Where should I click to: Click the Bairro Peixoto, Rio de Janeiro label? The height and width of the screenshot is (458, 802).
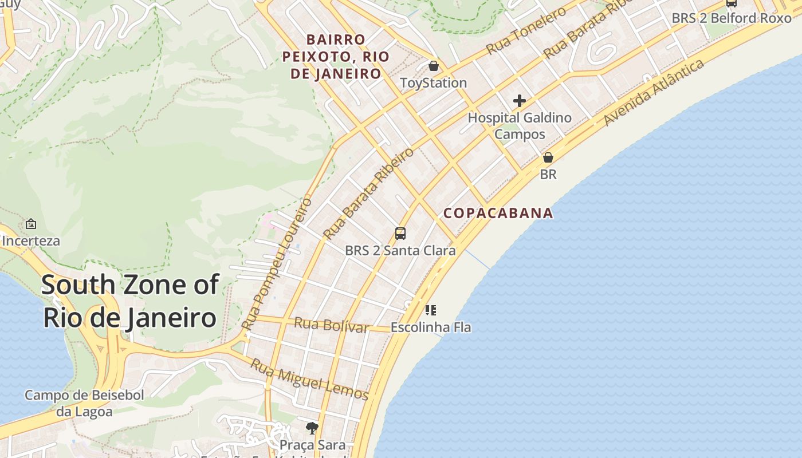pos(336,57)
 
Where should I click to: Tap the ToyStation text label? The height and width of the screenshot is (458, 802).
pos(433,83)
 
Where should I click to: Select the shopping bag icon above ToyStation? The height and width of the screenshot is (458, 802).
pos(434,66)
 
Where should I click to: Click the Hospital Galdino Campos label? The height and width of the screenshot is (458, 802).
pos(520,126)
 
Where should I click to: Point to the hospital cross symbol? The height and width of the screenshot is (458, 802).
pos(520,101)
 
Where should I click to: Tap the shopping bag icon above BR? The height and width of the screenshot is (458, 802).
pos(548,157)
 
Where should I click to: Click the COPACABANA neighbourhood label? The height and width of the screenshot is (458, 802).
pos(498,214)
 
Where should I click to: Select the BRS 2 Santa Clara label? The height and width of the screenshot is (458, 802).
pos(400,251)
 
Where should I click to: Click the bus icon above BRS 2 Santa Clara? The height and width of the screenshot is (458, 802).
pos(400,234)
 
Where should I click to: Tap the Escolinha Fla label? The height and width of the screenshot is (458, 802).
pos(431,327)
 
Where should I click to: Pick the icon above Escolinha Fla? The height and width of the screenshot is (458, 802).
pos(431,310)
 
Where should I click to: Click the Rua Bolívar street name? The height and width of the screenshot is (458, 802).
pos(331,325)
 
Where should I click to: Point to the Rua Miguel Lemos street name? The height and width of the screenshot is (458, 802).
pos(309,379)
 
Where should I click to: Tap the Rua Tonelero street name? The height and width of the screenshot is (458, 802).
pos(526,31)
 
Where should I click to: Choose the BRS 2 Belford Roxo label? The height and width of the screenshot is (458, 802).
pos(731,18)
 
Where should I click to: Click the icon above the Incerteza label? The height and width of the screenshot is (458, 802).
pos(31,224)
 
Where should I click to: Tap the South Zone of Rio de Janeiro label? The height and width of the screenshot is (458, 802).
pos(130,301)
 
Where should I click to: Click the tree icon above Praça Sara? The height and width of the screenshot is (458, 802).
pos(312,428)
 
